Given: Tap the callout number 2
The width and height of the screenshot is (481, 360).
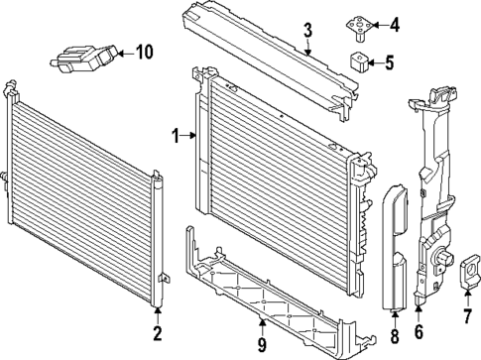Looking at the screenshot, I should coord(157,331).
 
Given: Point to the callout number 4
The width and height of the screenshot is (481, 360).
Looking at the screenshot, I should coord(395,24).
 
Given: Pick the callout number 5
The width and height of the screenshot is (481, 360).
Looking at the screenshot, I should coord(389,64).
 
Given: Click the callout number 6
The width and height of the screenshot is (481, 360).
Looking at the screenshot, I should coord(419,333).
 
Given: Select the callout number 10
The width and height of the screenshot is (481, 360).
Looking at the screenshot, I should coord(145,51).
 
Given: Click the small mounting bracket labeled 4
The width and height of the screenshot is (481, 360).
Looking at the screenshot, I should coord(357,24).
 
